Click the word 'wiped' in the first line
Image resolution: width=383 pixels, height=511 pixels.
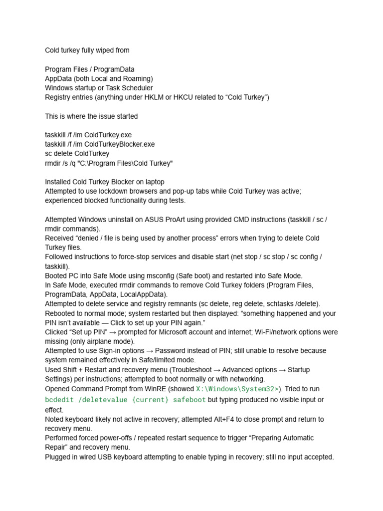click(x=105, y=50)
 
